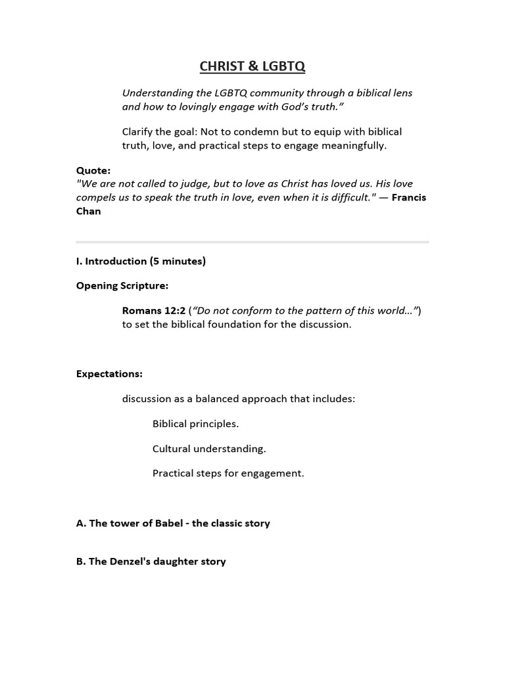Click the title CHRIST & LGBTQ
[252, 66]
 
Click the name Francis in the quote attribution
[408, 197]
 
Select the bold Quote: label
[93, 170]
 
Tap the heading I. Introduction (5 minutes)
[141, 261]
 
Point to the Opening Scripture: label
[122, 286]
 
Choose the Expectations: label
[109, 374]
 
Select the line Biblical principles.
[195, 424]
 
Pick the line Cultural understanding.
[209, 449]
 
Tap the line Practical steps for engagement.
[228, 473]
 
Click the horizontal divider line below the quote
[252, 242]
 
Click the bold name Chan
[88, 211]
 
